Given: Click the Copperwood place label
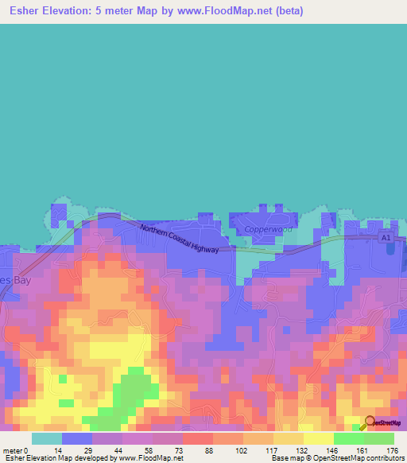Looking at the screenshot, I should [268, 229].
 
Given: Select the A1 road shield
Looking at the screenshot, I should [386, 238].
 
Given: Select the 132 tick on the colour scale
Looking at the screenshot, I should [304, 450].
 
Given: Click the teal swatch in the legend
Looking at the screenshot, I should [47, 438].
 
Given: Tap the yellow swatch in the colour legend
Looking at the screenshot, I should [318, 438].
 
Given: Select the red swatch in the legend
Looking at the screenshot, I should [198, 438].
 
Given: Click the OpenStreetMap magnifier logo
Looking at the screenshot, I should [369, 423].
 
